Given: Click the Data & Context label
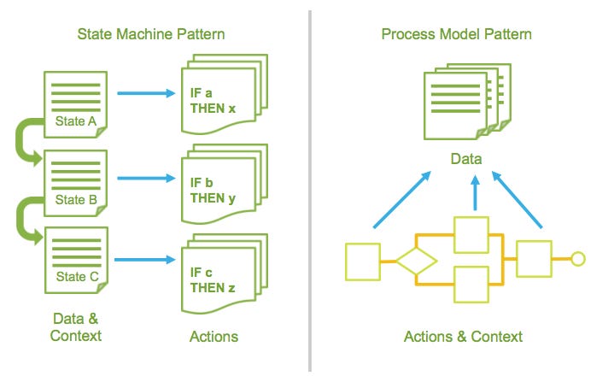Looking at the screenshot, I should coord(76,326).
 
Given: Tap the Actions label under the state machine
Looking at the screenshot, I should coord(213,336).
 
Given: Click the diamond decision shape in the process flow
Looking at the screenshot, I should coord(415,258).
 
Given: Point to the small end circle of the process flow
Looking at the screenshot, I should coord(577,258).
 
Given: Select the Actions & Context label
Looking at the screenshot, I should coord(463,336).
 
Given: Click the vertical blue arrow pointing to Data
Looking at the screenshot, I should coord(475,196).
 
